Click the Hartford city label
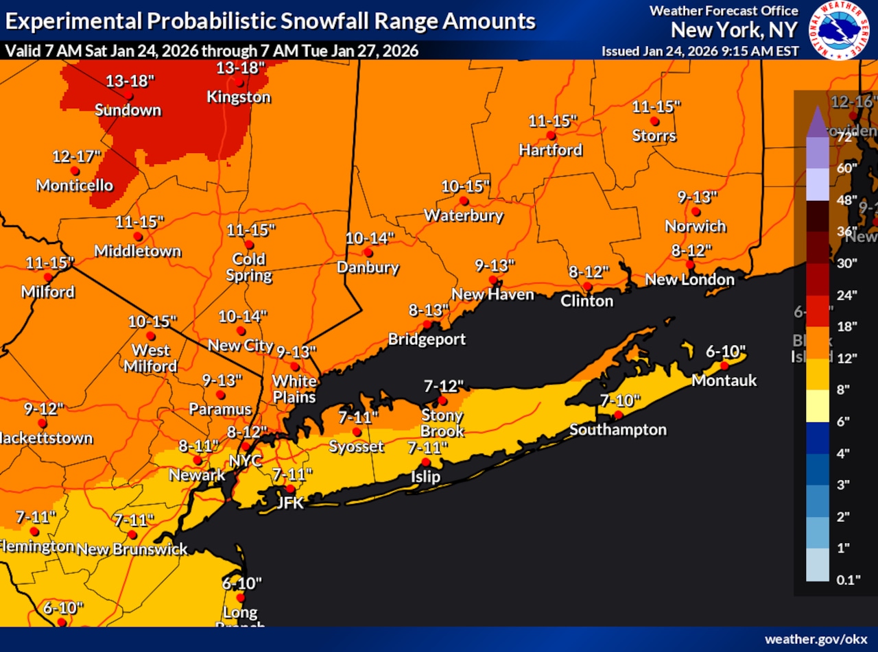click(550, 149)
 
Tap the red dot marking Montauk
click(724, 365)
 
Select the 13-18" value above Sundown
click(130, 81)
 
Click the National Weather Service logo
click(839, 29)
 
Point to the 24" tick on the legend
click(847, 295)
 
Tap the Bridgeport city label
click(427, 339)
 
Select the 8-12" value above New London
click(691, 250)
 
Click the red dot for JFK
click(290, 489)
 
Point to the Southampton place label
click(618, 430)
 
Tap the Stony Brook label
click(442, 424)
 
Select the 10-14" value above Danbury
click(370, 239)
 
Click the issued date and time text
click(700, 51)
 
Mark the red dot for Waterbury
click(464, 201)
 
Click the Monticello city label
click(74, 185)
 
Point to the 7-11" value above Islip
click(427, 448)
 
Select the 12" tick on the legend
click(847, 359)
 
